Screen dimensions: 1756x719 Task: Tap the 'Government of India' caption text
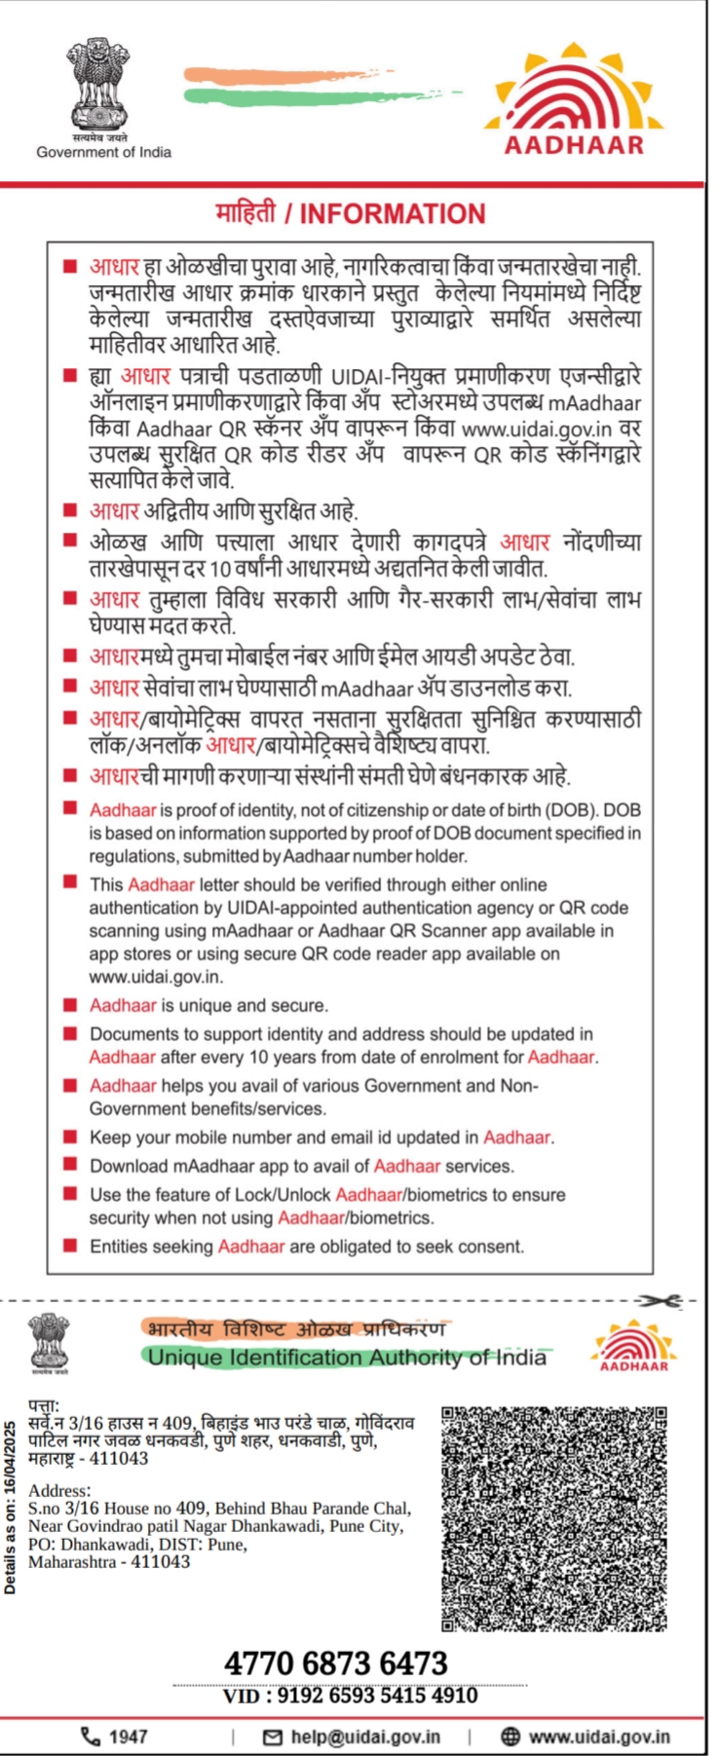click(x=103, y=152)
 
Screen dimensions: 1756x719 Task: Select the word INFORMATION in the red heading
click(x=392, y=214)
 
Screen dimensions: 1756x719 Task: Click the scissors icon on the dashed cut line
click(x=654, y=1300)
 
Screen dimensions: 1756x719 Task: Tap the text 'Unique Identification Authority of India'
click(x=347, y=1357)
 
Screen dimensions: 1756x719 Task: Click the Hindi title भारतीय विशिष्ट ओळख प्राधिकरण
click(x=295, y=1328)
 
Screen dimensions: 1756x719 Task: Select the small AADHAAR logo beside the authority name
click(x=633, y=1344)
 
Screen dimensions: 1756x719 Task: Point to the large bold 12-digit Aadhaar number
click(x=335, y=1663)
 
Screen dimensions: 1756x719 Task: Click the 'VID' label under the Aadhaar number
click(x=241, y=1696)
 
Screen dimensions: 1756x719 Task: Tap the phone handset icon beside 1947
click(x=90, y=1736)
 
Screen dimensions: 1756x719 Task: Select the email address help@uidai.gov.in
click(x=365, y=1737)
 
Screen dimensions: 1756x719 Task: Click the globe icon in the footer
click(x=511, y=1737)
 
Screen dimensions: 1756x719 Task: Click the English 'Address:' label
click(x=59, y=1490)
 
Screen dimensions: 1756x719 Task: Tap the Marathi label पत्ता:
click(x=44, y=1406)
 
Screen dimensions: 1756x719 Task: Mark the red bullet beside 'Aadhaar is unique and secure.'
click(x=69, y=1005)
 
